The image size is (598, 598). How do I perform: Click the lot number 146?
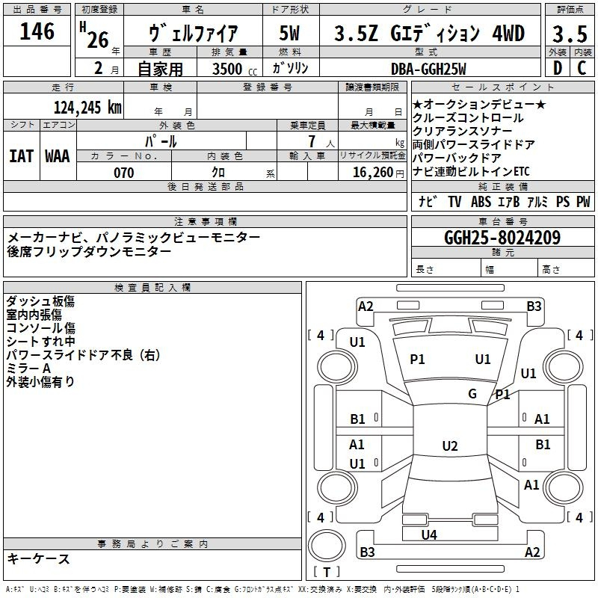point(37,31)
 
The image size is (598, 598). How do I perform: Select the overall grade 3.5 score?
point(570,34)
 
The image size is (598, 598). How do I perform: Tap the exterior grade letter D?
point(558,68)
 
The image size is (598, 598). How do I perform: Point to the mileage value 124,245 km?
point(87,108)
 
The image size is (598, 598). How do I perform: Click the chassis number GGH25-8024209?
point(502,238)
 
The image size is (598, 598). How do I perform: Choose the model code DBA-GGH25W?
point(428,69)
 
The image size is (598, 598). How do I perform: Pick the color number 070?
point(124,173)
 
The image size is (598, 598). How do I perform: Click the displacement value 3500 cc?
point(235,69)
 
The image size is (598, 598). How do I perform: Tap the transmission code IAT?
point(21,156)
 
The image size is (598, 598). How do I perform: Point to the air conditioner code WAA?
point(58,156)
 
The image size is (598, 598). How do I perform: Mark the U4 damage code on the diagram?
point(429,534)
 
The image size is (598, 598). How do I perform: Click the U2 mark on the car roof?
point(450,446)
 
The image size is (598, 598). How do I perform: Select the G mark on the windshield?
point(472,394)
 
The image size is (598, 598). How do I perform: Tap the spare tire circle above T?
point(327,546)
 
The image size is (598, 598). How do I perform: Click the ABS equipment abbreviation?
point(481,202)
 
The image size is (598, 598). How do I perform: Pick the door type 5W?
point(289,33)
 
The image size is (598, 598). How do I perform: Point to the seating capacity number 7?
point(312,141)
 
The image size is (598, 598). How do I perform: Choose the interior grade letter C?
point(582,68)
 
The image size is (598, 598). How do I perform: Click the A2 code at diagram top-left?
point(366,306)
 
